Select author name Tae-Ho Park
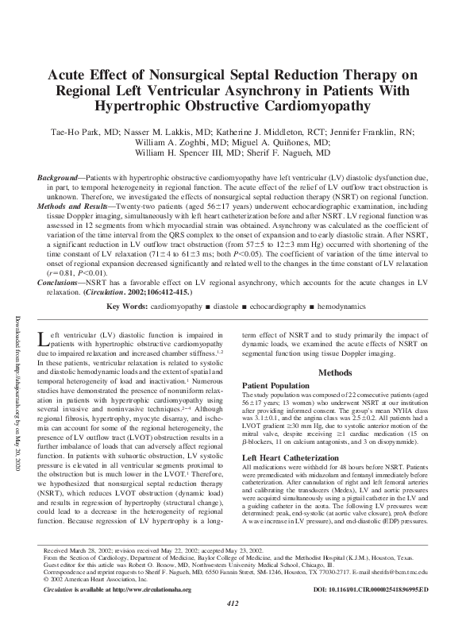pyautogui.click(x=85, y=134)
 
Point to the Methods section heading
pyautogui.click(x=341, y=372)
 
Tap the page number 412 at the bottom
pyautogui.click(x=233, y=604)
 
